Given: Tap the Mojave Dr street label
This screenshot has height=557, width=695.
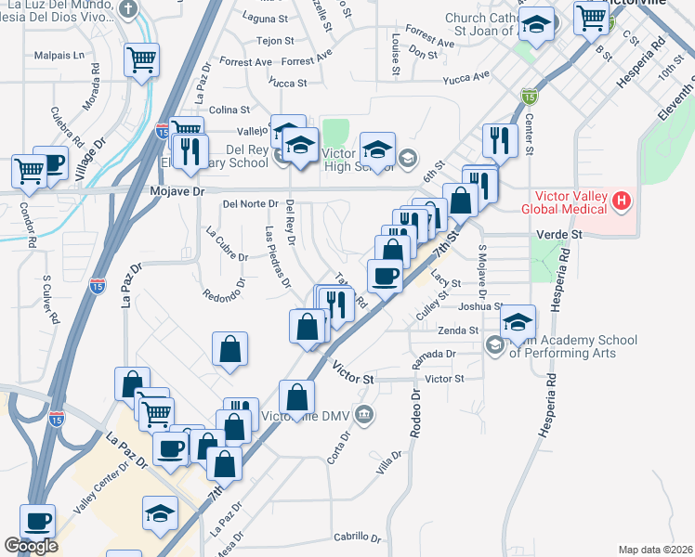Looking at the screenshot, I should click(x=176, y=192).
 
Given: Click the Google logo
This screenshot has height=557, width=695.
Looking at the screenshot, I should click(x=31, y=546).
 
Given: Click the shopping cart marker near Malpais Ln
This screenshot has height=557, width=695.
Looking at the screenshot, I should click(x=142, y=59).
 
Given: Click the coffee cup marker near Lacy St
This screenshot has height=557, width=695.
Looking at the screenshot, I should click(x=386, y=275).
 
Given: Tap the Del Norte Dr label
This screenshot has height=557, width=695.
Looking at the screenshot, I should click(x=250, y=203).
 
